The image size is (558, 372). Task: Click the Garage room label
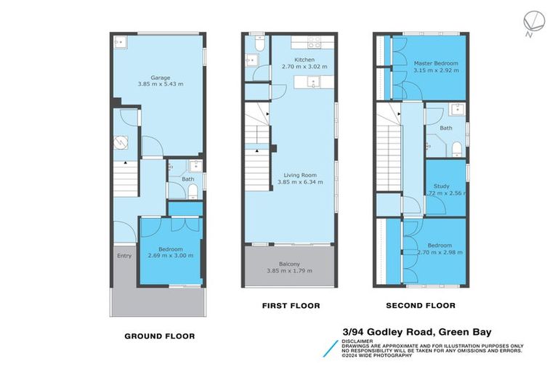(161, 77)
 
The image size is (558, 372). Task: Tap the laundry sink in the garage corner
(120, 42)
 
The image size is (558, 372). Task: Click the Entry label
(124, 256)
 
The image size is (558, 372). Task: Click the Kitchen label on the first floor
(304, 60)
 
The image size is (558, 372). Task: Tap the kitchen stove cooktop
(315, 41)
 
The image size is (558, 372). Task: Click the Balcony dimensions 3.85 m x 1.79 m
(289, 271)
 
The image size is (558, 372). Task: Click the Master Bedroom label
(430, 64)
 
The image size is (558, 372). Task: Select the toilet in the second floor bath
(456, 148)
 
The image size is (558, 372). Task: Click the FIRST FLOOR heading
(291, 306)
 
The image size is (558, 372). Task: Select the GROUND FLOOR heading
(159, 336)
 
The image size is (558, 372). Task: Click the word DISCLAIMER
(358, 341)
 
